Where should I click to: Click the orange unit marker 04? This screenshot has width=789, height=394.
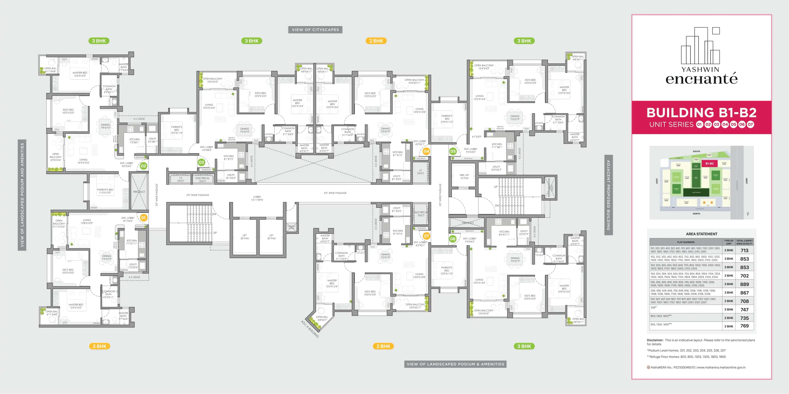click(426, 151)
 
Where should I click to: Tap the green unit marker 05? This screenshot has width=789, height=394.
click(453, 151)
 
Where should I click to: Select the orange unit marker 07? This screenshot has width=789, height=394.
click(426, 236)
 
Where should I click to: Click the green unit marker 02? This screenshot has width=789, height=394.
click(143, 166)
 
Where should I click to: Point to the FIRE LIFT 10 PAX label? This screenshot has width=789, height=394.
click(464, 177)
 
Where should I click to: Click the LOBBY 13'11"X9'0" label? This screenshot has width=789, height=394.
click(257, 198)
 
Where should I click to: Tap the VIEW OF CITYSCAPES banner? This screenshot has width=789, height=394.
click(315, 30)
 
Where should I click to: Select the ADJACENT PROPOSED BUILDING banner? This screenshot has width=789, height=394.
click(608, 195)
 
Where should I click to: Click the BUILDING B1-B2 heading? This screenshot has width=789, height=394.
click(701, 113)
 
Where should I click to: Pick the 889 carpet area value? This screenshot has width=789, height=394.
click(744, 284)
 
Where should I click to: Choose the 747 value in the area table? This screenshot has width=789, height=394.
click(744, 309)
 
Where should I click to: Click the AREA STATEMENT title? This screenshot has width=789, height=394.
click(701, 234)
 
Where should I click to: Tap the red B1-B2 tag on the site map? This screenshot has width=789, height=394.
click(709, 163)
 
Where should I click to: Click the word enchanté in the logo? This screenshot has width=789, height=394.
click(701, 79)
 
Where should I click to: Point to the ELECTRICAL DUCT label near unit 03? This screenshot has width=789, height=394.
click(202, 180)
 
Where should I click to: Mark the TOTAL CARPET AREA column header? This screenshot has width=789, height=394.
click(744, 242)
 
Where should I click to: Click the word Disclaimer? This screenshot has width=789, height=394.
click(655, 340)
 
